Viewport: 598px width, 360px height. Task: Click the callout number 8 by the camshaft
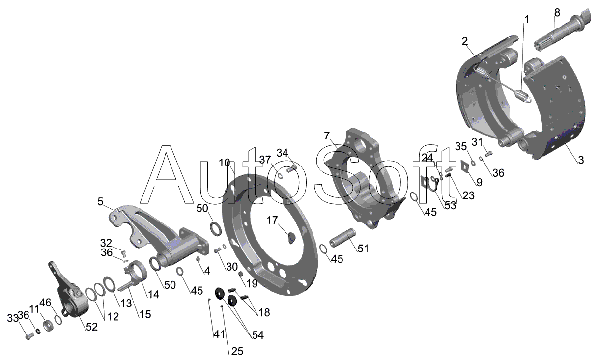click(557, 12)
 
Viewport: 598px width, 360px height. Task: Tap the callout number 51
click(363, 249)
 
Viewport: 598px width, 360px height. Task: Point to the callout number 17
click(272, 221)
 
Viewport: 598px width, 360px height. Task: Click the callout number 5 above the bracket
click(100, 201)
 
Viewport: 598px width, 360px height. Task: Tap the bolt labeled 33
click(29, 337)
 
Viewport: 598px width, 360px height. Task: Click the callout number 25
click(237, 351)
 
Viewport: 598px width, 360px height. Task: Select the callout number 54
click(258, 335)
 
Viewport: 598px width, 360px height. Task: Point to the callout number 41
click(219, 334)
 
